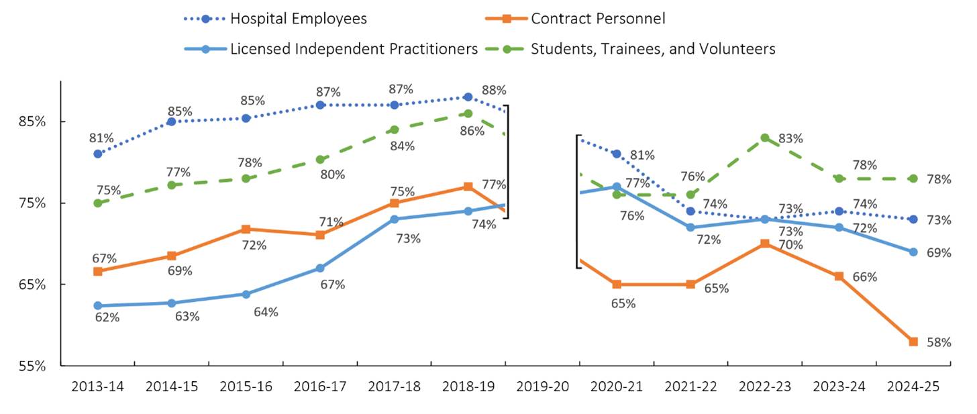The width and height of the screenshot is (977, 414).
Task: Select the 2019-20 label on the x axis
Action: coord(542,388)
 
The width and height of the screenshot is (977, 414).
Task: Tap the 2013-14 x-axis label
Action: coord(97,388)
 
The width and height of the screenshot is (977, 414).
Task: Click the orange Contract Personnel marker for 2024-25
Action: coord(913,342)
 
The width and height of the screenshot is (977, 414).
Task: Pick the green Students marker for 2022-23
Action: coord(765,138)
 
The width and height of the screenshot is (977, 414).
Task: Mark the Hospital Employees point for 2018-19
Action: coord(468,97)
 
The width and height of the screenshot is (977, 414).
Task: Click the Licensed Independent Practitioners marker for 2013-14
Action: coord(98,305)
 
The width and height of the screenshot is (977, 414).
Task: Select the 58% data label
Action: coord(939,342)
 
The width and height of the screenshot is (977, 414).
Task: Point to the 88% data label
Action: coord(494,91)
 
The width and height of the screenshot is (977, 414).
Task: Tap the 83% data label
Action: coord(791,139)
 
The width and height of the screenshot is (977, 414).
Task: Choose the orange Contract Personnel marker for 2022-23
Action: coord(765,244)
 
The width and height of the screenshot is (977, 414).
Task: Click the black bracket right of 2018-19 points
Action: coord(507,161)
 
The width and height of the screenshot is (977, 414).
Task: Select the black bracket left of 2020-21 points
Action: coord(576,201)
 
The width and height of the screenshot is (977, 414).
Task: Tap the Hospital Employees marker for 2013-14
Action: coord(98,154)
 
